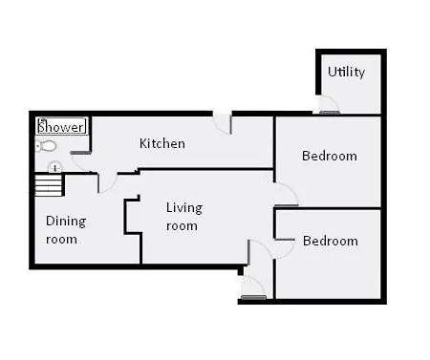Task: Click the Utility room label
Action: click(346, 72)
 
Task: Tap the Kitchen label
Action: click(162, 143)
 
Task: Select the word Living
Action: click(184, 208)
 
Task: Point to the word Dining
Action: click(66, 222)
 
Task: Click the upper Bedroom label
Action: click(330, 156)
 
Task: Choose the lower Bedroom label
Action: click(331, 241)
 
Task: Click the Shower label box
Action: click(62, 126)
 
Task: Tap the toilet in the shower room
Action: click(45, 146)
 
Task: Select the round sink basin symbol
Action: click(55, 167)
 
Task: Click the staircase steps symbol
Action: click(48, 184)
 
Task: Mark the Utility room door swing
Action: click(328, 104)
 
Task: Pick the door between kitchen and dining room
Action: click(108, 183)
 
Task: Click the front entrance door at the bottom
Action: click(253, 287)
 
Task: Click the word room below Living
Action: click(182, 226)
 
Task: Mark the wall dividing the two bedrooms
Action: click(328, 208)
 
